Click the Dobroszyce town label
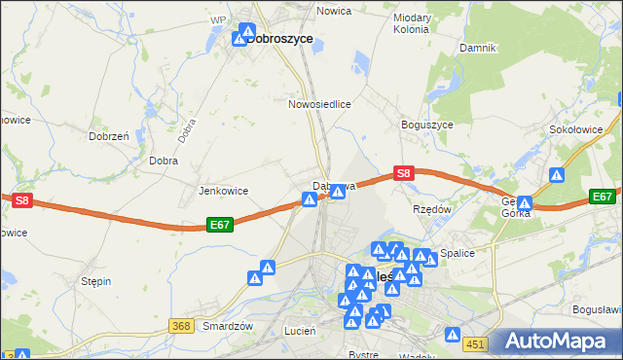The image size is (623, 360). point(279,39)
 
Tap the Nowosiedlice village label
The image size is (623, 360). point(319,103)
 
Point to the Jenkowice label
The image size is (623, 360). point(224,191)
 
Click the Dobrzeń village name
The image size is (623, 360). point(109,137)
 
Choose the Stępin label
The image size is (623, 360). point(96,281)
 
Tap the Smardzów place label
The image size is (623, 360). point(228,327)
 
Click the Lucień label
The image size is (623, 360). point(300,331)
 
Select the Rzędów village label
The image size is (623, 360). point(432,209)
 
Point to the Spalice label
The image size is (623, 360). point(457,253)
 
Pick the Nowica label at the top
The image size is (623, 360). point(334,11)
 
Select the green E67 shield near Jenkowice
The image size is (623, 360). point(221,225)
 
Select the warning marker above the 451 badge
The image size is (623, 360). point(453,336)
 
